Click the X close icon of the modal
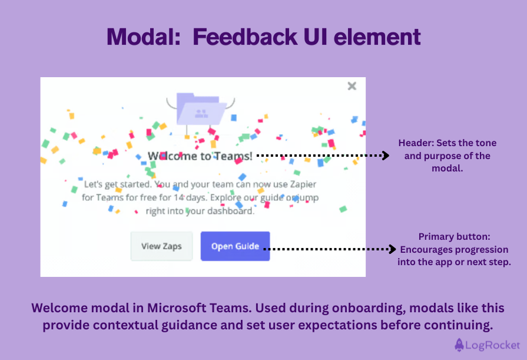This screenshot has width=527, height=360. tap(352, 86)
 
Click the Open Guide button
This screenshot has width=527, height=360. tap(235, 246)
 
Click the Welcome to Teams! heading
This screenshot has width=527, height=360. tap(200, 156)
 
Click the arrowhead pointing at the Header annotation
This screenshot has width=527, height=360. tap(386, 156)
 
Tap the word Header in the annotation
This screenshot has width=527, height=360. tap(414, 143)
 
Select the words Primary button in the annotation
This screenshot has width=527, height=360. tap(454, 236)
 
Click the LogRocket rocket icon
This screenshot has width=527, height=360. tap(460, 345)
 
